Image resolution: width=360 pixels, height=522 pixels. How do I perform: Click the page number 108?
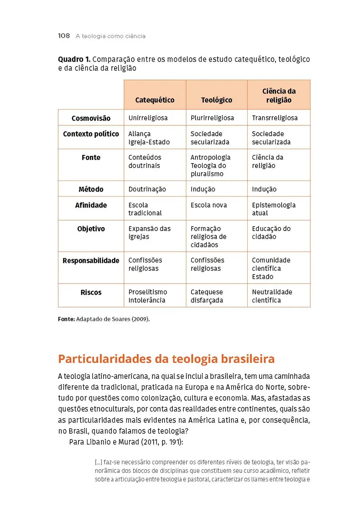click(64, 36)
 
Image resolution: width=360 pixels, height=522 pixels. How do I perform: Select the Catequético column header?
click(155, 100)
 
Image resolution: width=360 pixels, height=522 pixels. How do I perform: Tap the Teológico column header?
click(216, 100)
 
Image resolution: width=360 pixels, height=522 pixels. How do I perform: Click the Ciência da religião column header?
click(279, 95)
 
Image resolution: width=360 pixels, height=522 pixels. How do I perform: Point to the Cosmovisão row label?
click(91, 118)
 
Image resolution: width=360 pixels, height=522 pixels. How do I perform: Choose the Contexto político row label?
click(91, 134)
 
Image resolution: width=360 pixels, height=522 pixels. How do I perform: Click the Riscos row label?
click(91, 292)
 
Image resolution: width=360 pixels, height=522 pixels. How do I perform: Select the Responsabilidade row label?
click(91, 261)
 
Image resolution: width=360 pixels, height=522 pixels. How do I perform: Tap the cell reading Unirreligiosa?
click(148, 118)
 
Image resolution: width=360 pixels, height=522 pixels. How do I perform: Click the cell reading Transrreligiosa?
click(275, 118)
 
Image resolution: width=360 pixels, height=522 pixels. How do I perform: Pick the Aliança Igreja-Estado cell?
click(149, 138)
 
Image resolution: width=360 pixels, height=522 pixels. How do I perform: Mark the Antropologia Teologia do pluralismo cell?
click(210, 165)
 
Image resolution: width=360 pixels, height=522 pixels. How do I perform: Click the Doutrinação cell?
click(147, 189)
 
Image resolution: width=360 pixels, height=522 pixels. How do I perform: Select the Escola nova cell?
click(209, 205)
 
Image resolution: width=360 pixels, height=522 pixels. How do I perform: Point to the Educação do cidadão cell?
click(271, 233)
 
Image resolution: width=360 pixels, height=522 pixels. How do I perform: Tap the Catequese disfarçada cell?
click(207, 296)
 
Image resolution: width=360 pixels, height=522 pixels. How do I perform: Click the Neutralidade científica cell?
click(272, 296)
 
